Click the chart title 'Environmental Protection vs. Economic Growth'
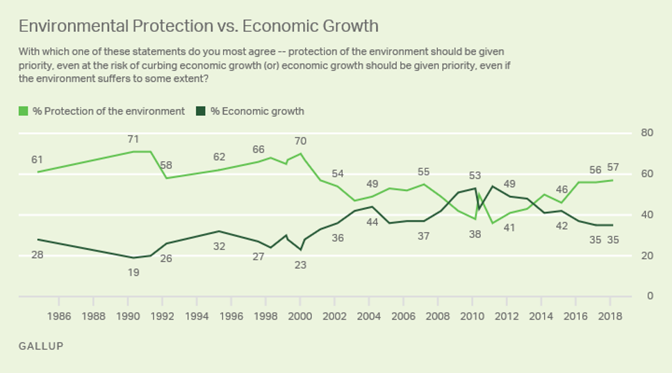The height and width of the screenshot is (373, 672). pyautogui.click(x=198, y=26)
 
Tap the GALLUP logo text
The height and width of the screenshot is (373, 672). pyautogui.click(x=41, y=346)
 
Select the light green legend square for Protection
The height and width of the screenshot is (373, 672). pyautogui.click(x=23, y=111)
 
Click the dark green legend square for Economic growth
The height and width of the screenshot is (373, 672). pyautogui.click(x=200, y=111)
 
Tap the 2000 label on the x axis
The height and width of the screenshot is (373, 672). pyautogui.click(x=300, y=317)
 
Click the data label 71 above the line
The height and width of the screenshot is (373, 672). pyautogui.click(x=133, y=140)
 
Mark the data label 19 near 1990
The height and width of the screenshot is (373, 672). pyautogui.click(x=133, y=273)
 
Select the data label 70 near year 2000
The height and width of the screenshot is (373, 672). pyautogui.click(x=300, y=142)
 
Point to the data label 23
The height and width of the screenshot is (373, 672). pyautogui.click(x=300, y=264)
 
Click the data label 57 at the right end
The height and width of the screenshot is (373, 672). pyautogui.click(x=612, y=167)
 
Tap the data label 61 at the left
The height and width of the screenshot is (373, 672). pyautogui.click(x=37, y=160)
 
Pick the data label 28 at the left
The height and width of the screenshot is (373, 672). pyautogui.click(x=37, y=255)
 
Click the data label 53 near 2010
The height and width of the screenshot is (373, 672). pyautogui.click(x=475, y=176)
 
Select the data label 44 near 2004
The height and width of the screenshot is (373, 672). pyautogui.click(x=372, y=222)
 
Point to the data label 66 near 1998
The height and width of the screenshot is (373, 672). pyautogui.click(x=259, y=149)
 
